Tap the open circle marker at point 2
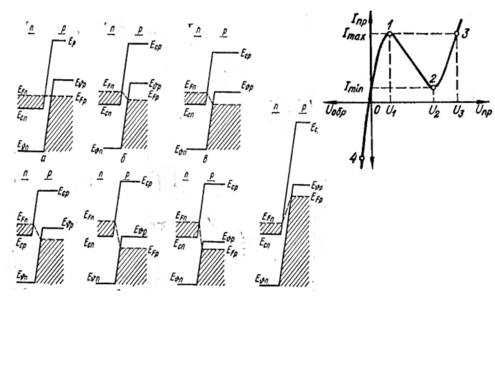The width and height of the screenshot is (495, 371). click(x=433, y=87)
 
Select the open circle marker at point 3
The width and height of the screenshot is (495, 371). click(x=457, y=35)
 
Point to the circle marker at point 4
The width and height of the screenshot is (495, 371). click(x=361, y=158)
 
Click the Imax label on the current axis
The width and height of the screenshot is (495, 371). click(x=355, y=36)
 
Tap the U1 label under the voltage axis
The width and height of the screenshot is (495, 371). click(x=390, y=111)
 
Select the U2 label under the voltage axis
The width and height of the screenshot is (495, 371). click(x=433, y=112)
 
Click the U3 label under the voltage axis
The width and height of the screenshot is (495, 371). click(x=457, y=111)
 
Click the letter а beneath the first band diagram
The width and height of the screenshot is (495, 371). click(x=41, y=158)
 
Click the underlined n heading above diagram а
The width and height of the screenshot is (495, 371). click(x=28, y=28)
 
